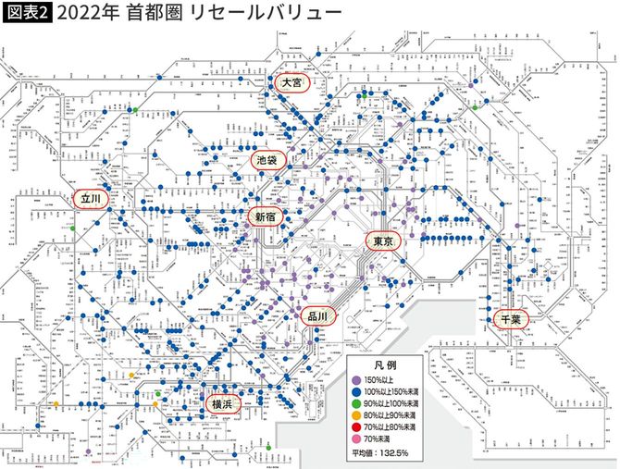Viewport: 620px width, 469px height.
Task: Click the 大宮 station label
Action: (291, 83)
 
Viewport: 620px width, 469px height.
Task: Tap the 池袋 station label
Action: (270, 159)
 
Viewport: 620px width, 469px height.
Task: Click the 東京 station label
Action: (383, 241)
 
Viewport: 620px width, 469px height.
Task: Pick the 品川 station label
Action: (316, 315)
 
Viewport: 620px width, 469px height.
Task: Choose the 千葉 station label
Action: (510, 318)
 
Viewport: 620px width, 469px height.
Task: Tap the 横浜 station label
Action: (220, 404)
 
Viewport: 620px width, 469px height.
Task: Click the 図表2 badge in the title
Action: (27, 14)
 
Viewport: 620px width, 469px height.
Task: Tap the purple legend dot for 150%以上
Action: (355, 380)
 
